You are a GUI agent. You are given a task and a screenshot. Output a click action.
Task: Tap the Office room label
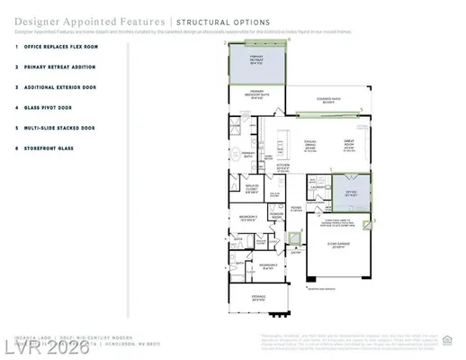pyautogui.click(x=349, y=192)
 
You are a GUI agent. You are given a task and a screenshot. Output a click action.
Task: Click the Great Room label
pyautogui.click(x=349, y=144)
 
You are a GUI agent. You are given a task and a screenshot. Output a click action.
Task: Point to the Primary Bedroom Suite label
pyautogui.click(x=256, y=94)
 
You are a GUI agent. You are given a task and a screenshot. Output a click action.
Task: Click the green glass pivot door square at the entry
pyautogui.click(x=294, y=238)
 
